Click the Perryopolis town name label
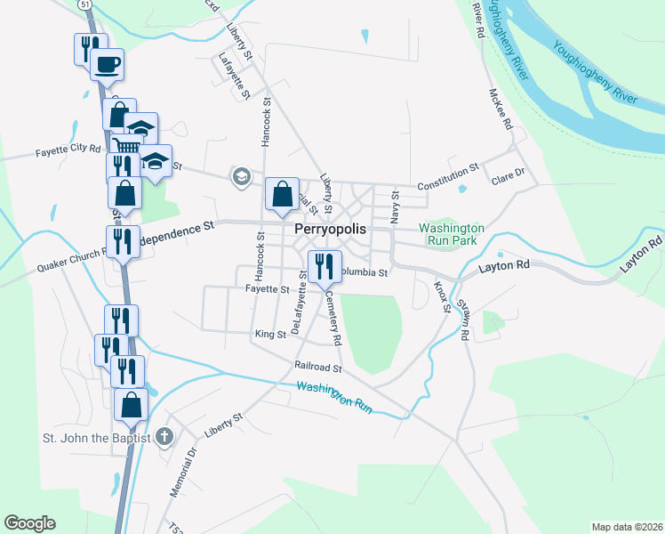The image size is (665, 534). [x=330, y=229]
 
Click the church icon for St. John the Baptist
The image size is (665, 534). [x=163, y=436]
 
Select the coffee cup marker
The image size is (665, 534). [x=107, y=64]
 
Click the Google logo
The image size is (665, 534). [x=29, y=523]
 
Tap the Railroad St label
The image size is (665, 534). [x=319, y=367]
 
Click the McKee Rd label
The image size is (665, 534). [x=501, y=107]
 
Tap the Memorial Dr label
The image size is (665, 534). [x=185, y=472]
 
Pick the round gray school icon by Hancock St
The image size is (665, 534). [x=240, y=176]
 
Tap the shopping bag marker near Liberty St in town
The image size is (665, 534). [x=282, y=193]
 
